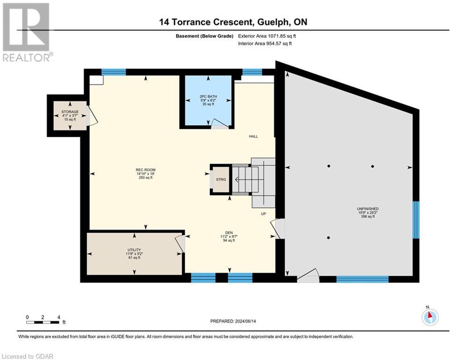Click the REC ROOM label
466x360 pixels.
coord(146,170)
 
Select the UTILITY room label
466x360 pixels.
coord(134,250)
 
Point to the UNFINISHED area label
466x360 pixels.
coord(368,209)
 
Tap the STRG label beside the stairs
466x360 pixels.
coord(221,179)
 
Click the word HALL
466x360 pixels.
coord(253,136)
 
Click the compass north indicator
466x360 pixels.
coord(429,317)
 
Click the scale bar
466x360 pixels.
coord(43,322)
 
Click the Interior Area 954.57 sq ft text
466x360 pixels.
coord(265,44)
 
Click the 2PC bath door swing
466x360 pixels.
coord(218,123)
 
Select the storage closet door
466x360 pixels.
coord(92,116)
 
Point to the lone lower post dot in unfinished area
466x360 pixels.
coord(329,238)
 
